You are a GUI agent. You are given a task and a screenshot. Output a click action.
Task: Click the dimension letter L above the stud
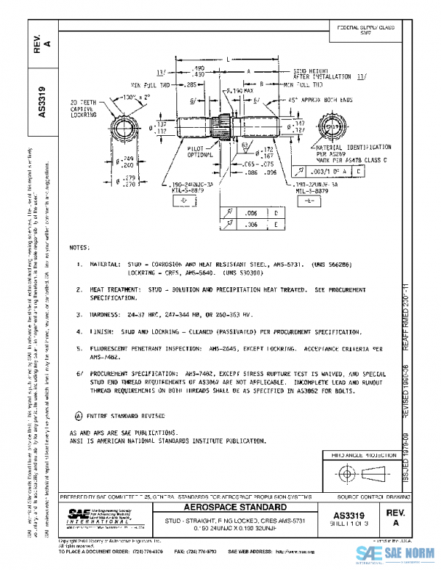(x=229, y=58)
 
